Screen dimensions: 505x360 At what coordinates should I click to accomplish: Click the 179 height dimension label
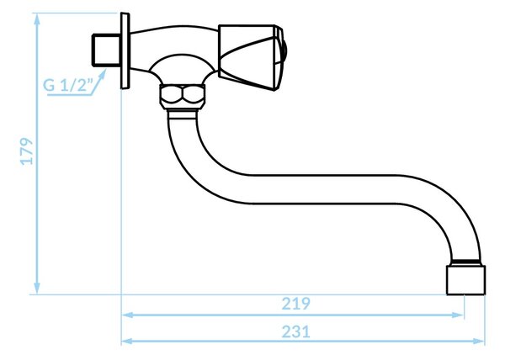tap(26, 151)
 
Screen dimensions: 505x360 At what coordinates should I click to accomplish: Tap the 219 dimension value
tap(296, 304)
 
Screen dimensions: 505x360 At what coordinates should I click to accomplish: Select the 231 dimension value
tap(296, 331)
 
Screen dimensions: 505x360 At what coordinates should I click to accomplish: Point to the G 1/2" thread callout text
tap(67, 86)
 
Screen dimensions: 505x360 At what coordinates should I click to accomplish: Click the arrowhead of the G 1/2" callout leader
tap(103, 74)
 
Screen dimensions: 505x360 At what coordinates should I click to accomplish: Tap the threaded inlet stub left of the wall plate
tap(106, 50)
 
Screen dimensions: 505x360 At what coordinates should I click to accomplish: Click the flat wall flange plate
tap(125, 50)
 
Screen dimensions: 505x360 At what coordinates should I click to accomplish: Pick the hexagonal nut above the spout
tap(183, 97)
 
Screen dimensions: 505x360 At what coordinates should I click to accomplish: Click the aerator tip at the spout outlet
tap(465, 279)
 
